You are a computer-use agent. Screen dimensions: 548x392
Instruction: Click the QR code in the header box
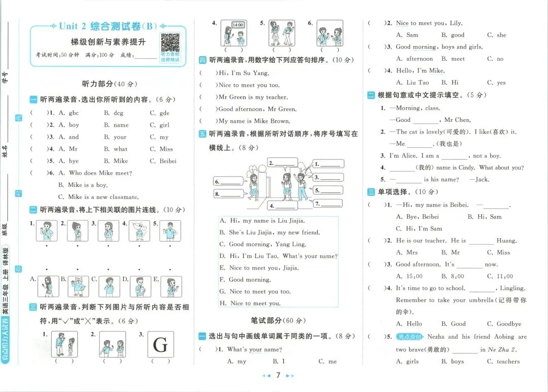[170, 43]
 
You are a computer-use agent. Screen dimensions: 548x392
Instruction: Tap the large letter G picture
[160, 344]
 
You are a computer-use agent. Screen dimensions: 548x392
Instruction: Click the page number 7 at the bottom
[278, 375]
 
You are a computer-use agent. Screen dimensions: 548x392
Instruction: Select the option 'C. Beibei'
[163, 161]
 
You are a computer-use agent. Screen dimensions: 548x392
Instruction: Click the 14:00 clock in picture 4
[237, 25]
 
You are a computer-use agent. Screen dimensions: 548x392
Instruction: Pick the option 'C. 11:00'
[500, 276]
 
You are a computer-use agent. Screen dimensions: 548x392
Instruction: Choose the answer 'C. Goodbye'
[504, 324]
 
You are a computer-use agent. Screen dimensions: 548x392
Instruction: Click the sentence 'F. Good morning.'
[246, 280]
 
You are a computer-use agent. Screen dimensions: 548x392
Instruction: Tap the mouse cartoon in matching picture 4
[139, 231]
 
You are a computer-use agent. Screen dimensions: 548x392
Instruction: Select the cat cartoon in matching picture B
[78, 286]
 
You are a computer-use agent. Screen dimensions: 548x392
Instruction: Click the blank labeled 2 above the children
[283, 163]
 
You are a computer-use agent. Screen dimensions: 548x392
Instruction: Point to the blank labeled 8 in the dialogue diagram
[229, 194]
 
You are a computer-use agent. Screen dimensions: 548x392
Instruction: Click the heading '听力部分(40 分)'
[110, 84]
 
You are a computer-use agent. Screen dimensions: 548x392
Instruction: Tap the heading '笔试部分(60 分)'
[278, 321]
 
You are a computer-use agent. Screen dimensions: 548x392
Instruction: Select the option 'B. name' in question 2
[116, 125]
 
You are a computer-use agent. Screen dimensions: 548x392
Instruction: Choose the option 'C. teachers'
[503, 362]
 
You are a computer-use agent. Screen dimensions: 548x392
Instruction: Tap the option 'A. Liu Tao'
[413, 83]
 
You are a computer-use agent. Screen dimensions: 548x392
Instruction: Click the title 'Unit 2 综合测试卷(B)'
[108, 26]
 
